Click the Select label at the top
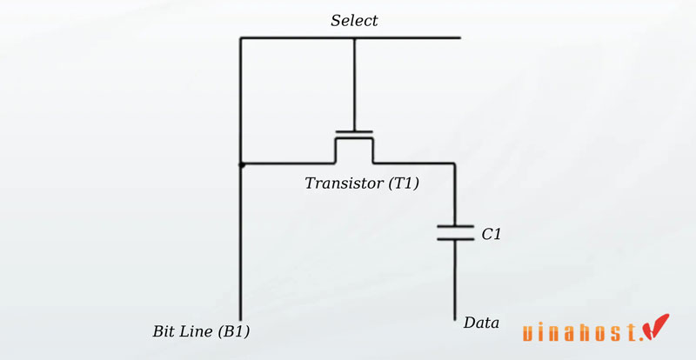(x=354, y=20)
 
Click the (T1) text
(x=399, y=183)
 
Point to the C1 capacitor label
(x=492, y=234)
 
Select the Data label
(x=481, y=323)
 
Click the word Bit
(x=164, y=331)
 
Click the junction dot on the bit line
(x=241, y=163)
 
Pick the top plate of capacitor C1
(x=455, y=227)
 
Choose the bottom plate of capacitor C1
(x=455, y=239)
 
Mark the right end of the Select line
(x=458, y=38)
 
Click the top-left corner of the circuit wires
(x=241, y=38)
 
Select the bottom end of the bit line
(x=241, y=319)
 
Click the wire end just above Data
(x=455, y=317)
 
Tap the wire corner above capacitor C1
(x=455, y=163)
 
